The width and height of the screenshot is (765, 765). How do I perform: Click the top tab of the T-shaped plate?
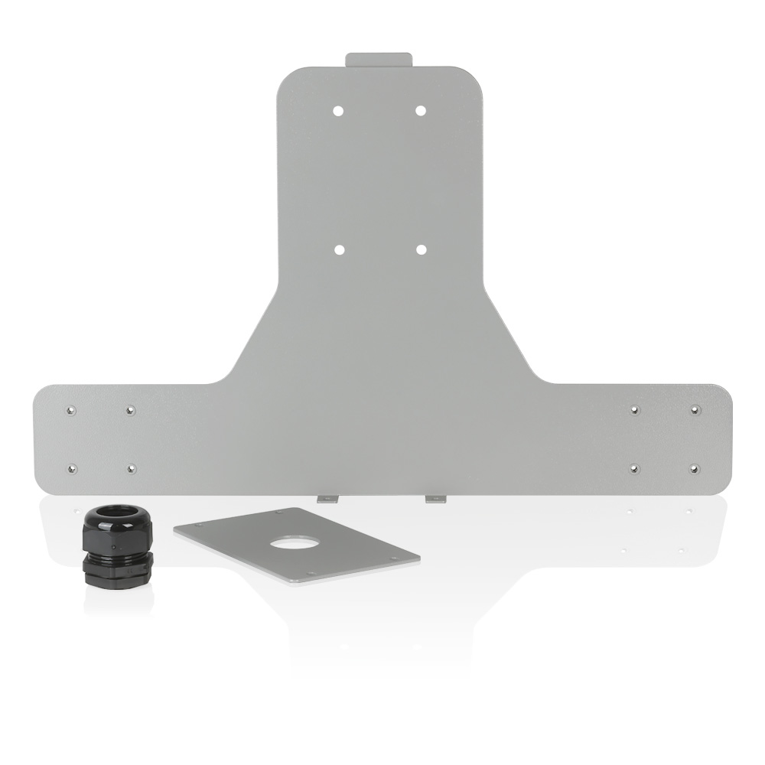pos(379,60)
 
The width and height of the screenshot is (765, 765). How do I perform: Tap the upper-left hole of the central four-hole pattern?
pos(339,110)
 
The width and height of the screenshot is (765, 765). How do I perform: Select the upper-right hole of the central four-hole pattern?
pos(420,110)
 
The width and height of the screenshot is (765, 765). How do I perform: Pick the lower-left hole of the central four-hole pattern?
pos(339,249)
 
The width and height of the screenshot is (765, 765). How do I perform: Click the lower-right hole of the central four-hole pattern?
pos(420,249)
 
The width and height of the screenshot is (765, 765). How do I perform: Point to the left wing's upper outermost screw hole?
pos(71,410)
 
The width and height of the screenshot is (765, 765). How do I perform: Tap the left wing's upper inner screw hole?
pos(130,410)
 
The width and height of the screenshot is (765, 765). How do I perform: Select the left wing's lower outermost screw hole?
pos(73,468)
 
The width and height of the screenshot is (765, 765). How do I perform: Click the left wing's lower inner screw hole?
pos(132,468)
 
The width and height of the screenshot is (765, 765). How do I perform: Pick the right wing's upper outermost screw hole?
pos(695,410)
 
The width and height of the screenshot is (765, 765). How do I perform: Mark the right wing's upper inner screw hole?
pos(635,410)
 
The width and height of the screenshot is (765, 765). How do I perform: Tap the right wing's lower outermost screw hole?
pos(694,467)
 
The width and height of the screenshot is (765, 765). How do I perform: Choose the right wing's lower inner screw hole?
pos(634,467)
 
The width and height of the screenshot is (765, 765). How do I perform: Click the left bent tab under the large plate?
pos(327,499)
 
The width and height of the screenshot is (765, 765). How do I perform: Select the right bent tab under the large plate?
pos(435,499)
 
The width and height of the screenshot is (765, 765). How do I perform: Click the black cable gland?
pos(118,547)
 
